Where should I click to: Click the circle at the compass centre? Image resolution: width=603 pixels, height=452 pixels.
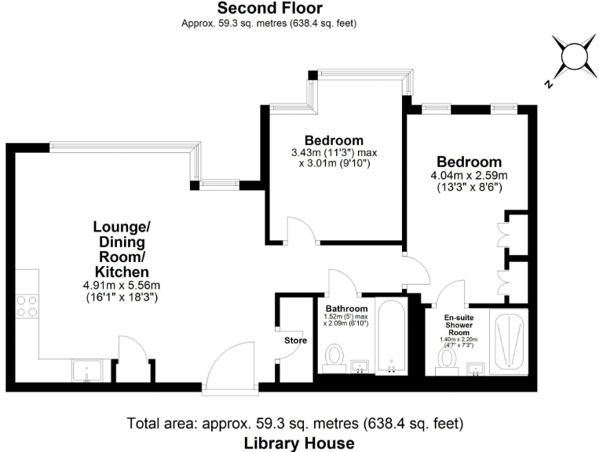click(574, 56)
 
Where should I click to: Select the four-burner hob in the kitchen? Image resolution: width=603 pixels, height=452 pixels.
click(27, 305)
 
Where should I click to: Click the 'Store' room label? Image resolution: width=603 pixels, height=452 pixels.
click(294, 341)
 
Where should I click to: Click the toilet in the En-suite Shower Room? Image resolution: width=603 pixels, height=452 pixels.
click(448, 359)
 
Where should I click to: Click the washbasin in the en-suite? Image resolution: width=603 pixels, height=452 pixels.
click(477, 368)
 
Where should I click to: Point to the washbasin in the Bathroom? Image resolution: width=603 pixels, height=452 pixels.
click(360, 366)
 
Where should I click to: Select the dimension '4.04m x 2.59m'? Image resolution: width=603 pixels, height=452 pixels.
click(470, 174)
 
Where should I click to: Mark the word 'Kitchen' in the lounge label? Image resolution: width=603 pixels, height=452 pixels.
click(122, 270)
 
